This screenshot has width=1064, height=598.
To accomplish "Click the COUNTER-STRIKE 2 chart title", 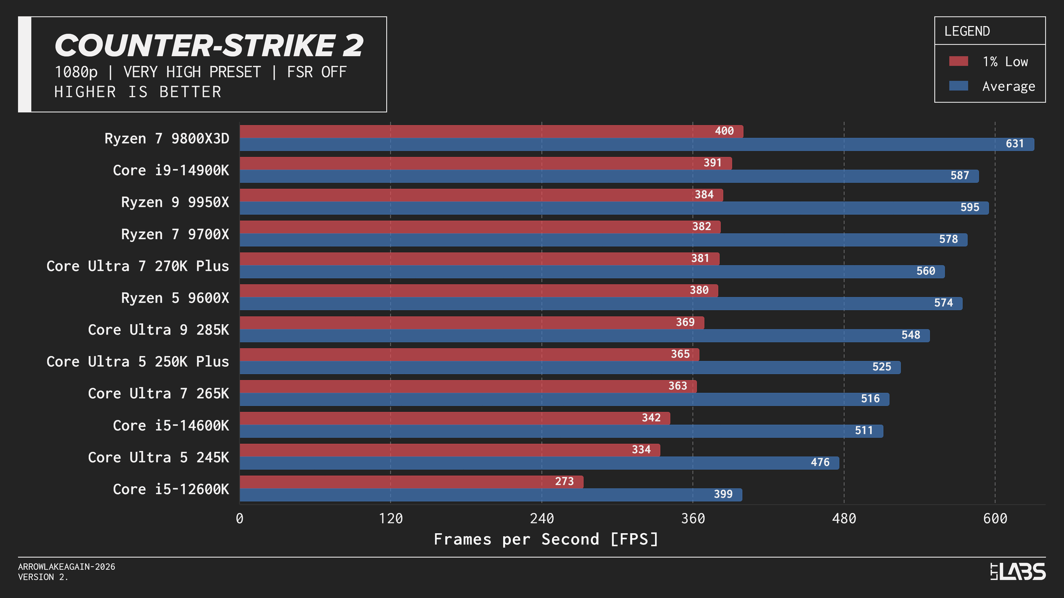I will (209, 46).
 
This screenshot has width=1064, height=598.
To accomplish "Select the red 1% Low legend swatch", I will (958, 61).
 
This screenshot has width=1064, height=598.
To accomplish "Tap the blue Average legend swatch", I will (958, 86).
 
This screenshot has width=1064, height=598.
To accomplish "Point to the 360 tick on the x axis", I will (693, 518).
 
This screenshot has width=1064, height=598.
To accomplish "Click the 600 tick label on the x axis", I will (995, 518).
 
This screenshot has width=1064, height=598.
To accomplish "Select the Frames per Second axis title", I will (546, 539).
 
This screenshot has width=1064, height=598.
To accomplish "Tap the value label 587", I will (960, 175).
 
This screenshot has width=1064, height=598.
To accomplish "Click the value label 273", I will (564, 482).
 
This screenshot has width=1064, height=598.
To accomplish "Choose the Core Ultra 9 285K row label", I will (159, 330).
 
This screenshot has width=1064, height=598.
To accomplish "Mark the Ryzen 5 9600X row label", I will (175, 298).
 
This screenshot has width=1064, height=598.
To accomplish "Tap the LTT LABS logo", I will (1018, 571).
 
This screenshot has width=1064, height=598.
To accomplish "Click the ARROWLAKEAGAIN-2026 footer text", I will (66, 567).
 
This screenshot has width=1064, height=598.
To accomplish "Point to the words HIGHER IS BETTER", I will (138, 92).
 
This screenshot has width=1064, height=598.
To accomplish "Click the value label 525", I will (882, 367).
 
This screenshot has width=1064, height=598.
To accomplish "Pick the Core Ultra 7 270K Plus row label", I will (138, 266).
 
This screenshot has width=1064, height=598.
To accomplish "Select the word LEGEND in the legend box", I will (967, 31).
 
